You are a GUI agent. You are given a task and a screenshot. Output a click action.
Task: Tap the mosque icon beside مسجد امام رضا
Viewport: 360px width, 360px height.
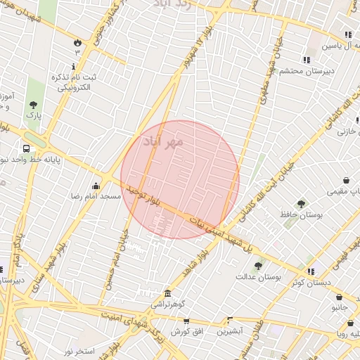96,186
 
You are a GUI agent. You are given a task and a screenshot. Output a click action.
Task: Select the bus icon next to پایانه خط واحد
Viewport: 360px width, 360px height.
26,149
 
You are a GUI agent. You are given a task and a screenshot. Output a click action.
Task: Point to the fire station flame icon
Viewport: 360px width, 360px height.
77,42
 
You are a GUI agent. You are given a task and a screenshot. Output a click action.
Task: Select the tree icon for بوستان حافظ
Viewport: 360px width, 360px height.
302,204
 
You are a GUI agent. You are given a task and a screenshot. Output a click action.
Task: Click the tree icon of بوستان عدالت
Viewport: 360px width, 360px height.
258,266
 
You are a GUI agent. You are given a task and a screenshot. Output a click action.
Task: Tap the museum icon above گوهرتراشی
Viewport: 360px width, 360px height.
167,293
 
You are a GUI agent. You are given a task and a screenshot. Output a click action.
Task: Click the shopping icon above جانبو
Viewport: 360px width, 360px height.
340,297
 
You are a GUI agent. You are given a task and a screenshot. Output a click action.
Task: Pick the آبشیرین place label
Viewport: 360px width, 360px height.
229,330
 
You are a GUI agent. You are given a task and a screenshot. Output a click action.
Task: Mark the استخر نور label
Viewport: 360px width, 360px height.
79,349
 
